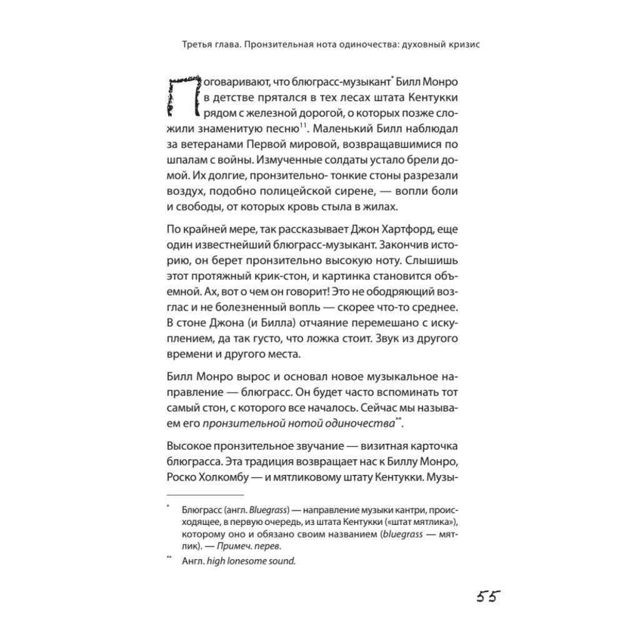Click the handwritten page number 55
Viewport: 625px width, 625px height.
coord(486,595)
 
